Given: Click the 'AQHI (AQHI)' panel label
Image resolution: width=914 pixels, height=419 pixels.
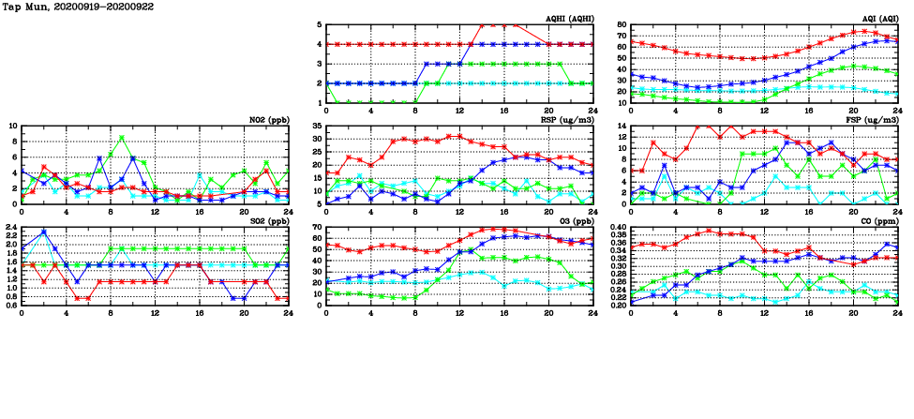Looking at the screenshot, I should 570,19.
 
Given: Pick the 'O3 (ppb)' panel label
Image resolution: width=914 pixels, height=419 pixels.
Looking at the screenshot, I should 576,221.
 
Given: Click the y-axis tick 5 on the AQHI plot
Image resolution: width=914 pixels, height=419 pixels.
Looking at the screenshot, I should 320,25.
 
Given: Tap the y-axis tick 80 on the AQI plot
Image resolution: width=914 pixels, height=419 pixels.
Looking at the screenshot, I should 622,25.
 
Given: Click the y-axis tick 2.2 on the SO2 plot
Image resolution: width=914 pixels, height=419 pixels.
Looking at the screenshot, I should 10,232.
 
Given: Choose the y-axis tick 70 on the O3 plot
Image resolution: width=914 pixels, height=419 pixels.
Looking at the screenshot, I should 317,228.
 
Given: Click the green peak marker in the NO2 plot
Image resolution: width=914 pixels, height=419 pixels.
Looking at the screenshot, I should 122,138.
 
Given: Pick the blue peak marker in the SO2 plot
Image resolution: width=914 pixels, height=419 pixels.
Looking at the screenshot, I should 44,232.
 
